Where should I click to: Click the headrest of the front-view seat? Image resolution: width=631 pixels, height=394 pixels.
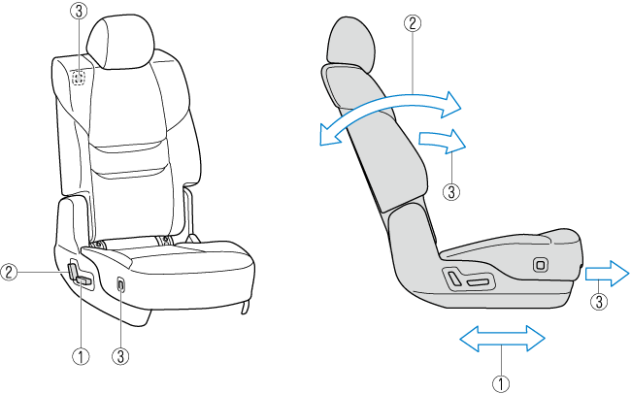120,43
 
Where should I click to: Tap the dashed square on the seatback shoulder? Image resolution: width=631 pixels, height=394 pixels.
80,77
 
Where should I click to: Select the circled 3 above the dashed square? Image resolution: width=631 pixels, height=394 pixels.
80,12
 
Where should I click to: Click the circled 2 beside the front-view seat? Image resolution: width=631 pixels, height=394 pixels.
9,273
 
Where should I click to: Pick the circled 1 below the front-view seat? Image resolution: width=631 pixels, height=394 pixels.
81,356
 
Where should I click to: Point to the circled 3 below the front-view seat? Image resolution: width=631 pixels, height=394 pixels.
120,356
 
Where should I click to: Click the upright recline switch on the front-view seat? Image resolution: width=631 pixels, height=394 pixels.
72,271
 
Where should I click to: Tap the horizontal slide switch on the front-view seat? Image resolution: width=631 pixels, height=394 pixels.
84,280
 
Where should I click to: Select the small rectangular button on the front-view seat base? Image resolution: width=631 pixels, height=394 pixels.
121,284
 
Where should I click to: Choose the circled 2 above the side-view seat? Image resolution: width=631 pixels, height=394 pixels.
413,23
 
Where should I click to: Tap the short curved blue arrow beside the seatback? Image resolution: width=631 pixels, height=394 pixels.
442,141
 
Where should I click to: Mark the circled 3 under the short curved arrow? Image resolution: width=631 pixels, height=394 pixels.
451,191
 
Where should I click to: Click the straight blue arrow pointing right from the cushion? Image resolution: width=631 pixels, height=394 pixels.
607,274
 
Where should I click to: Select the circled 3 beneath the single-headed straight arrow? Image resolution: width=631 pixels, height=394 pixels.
599,302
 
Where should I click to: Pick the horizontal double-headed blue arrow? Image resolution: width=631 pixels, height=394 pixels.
502,339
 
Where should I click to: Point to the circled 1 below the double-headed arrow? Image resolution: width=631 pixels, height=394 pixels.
501,383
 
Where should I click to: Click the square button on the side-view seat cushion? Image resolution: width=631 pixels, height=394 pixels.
541,265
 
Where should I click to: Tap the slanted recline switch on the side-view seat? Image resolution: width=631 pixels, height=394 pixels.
454,279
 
